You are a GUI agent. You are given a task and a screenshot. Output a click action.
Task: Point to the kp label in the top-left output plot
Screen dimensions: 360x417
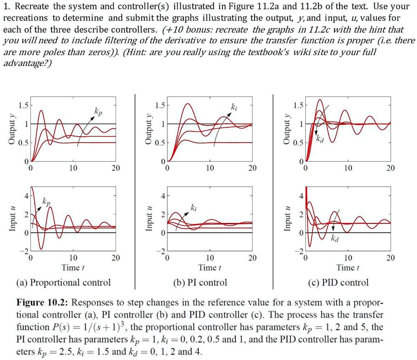(x=98, y=112)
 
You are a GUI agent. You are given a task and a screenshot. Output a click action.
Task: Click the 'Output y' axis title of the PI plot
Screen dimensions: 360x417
(x=148, y=129)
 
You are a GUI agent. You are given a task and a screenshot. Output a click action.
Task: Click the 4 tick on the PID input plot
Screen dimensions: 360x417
(x=301, y=196)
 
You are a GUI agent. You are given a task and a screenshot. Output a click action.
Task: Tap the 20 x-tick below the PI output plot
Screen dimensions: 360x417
(x=252, y=168)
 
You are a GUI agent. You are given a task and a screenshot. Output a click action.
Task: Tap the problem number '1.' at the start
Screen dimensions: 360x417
(x=7, y=7)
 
